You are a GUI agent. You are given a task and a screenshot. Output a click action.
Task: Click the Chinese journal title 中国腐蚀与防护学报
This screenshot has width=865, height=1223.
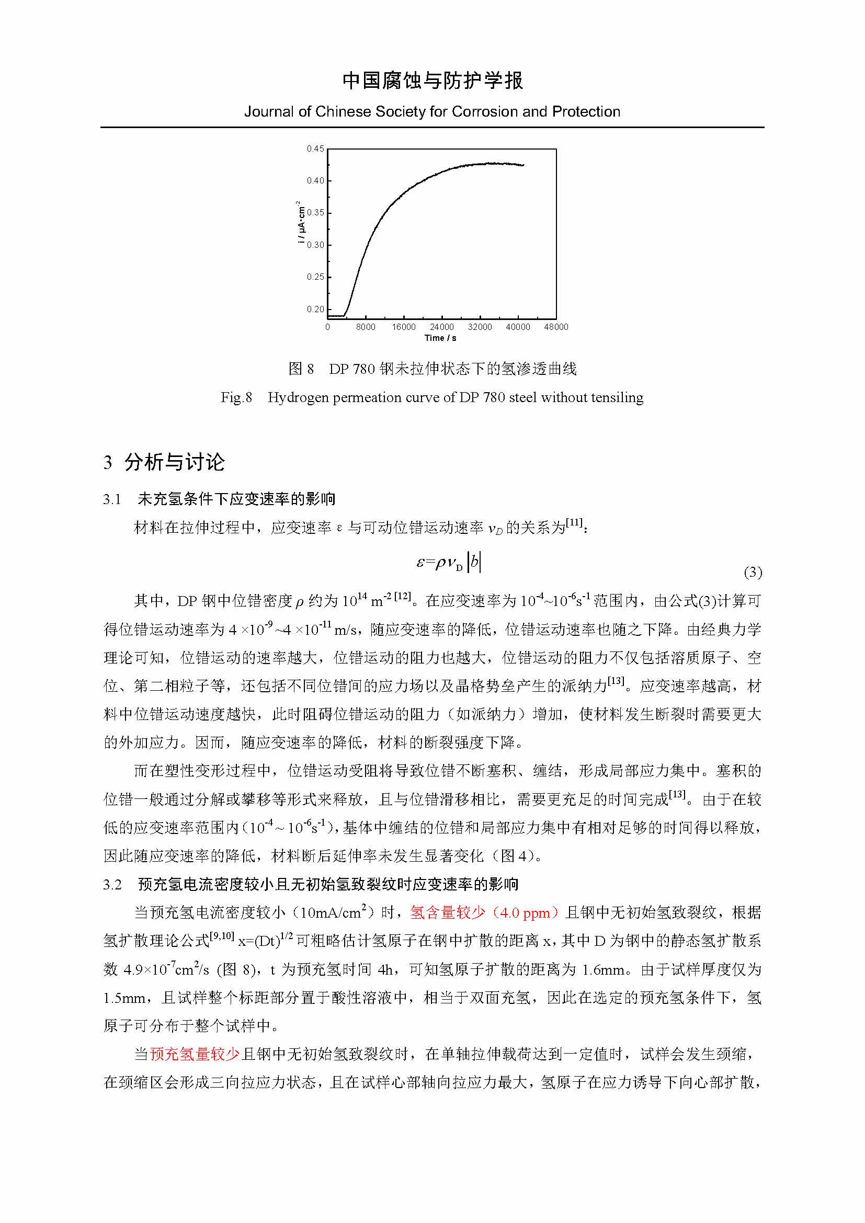(x=432, y=81)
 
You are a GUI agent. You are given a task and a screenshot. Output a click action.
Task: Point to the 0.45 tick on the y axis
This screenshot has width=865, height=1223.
(x=315, y=148)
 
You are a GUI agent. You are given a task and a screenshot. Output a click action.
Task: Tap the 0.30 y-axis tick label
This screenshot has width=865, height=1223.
(x=315, y=245)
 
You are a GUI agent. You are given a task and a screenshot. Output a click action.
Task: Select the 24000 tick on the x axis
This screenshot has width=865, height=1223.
(x=441, y=327)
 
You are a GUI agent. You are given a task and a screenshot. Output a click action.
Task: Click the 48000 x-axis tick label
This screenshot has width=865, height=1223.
(x=556, y=327)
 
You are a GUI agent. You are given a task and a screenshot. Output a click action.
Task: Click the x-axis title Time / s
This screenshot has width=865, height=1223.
(x=440, y=338)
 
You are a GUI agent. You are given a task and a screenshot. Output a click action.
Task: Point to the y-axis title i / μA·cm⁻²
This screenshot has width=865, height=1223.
(x=301, y=223)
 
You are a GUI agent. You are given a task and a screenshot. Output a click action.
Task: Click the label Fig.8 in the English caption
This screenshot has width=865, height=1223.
(x=236, y=397)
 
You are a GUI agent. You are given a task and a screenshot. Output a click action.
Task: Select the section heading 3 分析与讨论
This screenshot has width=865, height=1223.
(x=164, y=462)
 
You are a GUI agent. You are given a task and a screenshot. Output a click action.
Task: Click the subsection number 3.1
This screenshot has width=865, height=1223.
(x=112, y=499)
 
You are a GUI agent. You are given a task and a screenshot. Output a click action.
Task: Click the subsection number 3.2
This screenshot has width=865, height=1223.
(x=112, y=885)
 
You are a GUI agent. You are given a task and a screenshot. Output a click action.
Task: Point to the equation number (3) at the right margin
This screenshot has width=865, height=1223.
(x=753, y=573)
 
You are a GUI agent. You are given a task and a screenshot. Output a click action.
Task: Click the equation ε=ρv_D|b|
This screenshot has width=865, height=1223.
(x=449, y=563)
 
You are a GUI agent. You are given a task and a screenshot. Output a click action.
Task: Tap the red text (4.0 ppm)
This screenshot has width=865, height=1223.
(x=525, y=913)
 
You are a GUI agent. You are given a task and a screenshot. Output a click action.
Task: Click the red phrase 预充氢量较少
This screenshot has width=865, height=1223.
(x=195, y=1054)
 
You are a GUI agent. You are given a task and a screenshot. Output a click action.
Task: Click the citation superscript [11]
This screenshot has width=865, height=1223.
(x=574, y=522)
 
